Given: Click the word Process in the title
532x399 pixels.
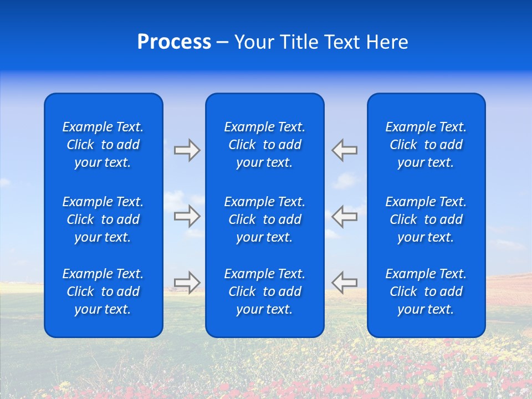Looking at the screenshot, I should pos(174,42).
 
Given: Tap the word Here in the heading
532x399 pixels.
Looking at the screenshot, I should pos(387,42).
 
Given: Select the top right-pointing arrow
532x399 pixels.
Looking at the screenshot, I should pos(187,150).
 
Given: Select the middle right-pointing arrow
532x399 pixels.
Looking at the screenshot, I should pos(187,216).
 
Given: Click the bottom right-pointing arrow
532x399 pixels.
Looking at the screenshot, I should pos(187,282).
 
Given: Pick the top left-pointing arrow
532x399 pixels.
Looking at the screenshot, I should pos(344,150).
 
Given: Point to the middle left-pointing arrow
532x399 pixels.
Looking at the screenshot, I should pos(344,216).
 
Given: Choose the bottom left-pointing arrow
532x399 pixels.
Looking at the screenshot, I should pos(344,282).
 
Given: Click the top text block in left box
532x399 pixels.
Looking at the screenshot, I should pos(103,145).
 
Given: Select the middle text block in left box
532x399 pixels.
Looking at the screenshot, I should pos(103,219).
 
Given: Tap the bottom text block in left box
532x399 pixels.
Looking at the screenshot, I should pos(103,291).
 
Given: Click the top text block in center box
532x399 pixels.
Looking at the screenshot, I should pos(265,145).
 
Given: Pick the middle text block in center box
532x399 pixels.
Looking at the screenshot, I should pos(265,219).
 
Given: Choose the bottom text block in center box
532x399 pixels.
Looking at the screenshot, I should pos(265,291).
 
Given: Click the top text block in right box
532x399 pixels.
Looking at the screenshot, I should pos(426,145).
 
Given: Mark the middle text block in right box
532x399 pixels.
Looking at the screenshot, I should pos(426,219).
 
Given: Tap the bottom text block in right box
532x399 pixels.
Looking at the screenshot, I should pos(426,291).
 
